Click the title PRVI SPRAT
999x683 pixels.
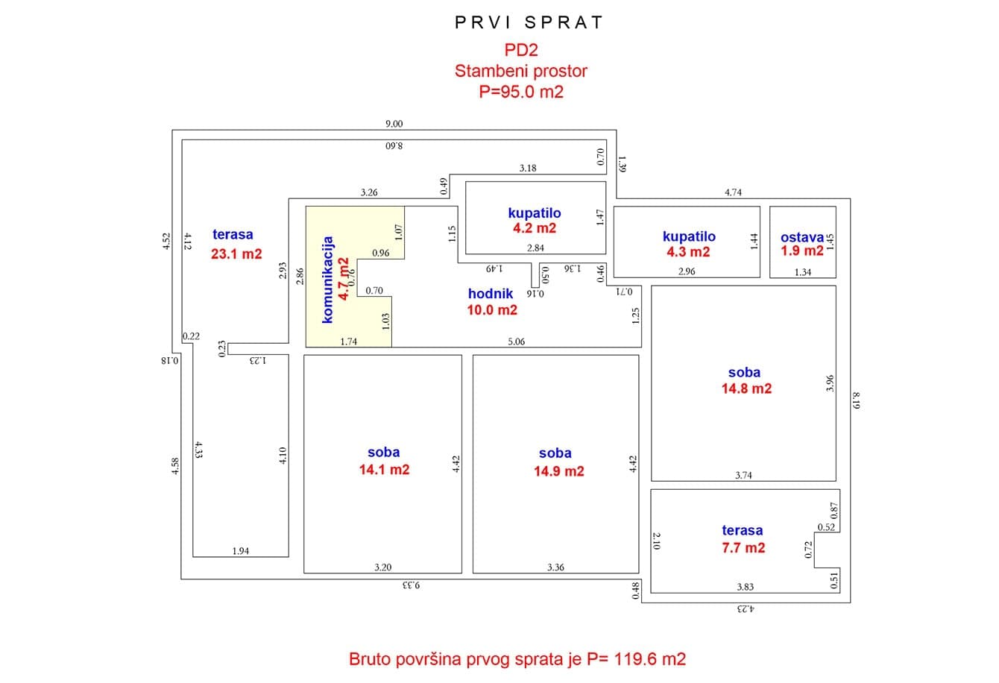coord(529,22)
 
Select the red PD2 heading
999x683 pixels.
coord(521,50)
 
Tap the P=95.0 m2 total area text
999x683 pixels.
coord(521,92)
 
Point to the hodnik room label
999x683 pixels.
coord(490,294)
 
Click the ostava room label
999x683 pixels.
coord(802,237)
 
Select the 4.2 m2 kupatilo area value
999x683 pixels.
coord(535,228)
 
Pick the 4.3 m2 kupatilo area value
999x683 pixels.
coord(688,252)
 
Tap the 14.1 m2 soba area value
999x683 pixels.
coord(384,470)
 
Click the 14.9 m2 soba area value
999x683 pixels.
coord(559,471)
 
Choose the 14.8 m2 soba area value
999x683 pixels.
coord(746,388)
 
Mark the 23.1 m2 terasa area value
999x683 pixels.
coord(236,254)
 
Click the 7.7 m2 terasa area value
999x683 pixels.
coord(743,548)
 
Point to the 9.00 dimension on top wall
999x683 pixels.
coord(394,124)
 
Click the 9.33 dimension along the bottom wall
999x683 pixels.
coord(411,585)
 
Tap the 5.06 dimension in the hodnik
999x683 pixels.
coord(516,341)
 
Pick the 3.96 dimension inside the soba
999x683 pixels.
coord(830,383)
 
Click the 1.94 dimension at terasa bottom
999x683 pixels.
coord(240,552)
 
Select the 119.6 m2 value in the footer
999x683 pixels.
coord(650,659)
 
